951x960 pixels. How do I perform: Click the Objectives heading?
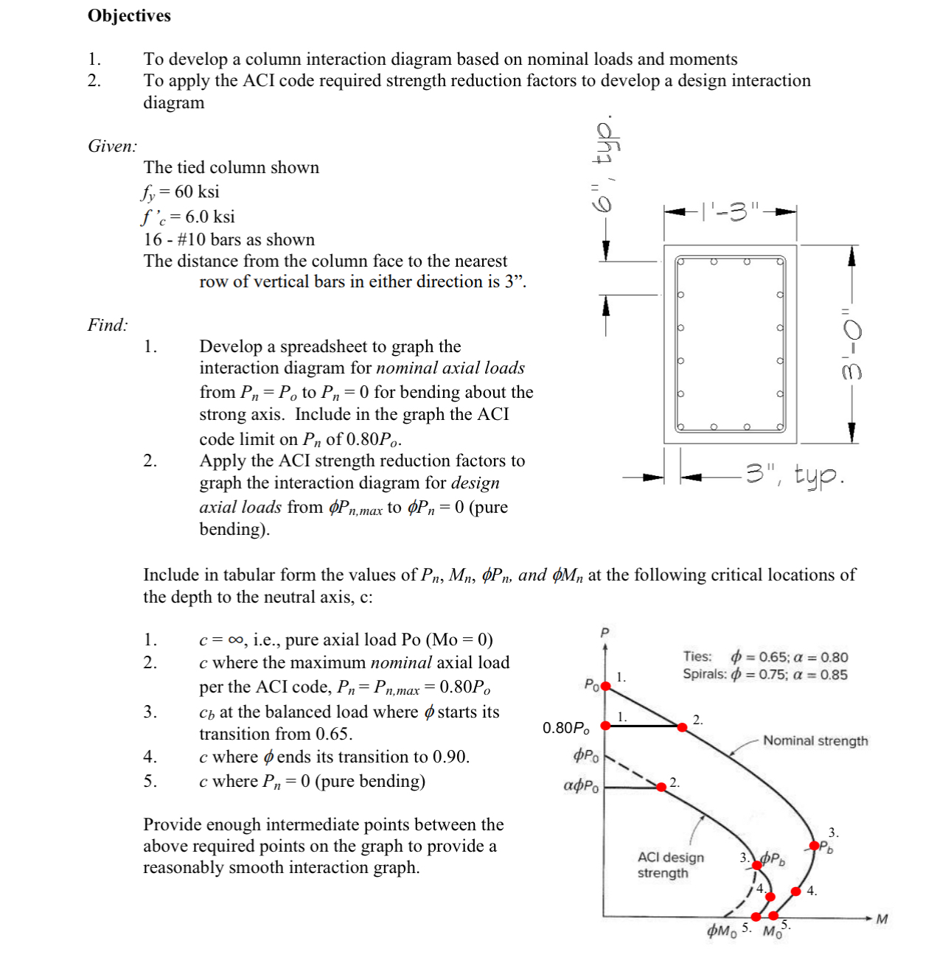click(129, 15)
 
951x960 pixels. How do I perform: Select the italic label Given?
click(112, 146)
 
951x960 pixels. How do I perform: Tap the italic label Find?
click(108, 325)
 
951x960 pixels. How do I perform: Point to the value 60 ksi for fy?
click(197, 192)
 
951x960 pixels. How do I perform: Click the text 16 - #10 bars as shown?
click(229, 239)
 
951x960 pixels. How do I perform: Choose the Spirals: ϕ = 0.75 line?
click(764, 674)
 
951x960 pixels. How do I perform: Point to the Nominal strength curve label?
click(815, 740)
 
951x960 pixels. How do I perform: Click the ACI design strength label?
click(670, 865)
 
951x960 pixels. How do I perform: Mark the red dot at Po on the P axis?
click(606, 686)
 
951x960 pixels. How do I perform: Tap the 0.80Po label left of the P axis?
click(566, 728)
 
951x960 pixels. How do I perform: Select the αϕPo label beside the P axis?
click(582, 785)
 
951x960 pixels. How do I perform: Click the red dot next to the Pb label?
click(815, 846)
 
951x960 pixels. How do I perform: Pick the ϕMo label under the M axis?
click(721, 931)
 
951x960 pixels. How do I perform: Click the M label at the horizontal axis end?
click(882, 919)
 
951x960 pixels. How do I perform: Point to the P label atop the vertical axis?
click(605, 632)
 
